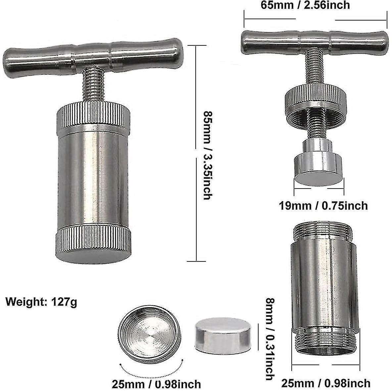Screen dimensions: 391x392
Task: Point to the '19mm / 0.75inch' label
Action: pos(323,205)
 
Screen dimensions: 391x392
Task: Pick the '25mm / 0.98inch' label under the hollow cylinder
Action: pos(326,384)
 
